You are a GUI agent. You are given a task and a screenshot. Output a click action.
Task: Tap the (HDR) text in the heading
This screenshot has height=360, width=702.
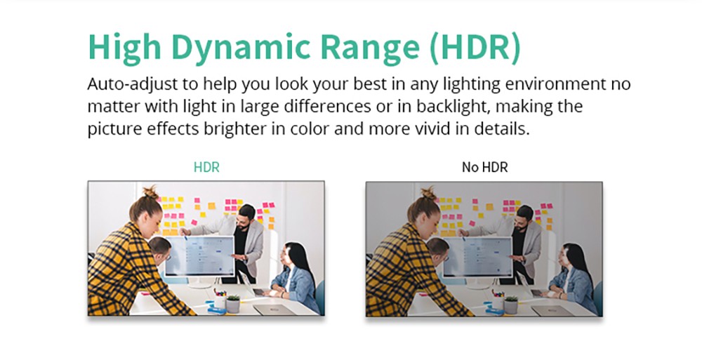[x=475, y=48]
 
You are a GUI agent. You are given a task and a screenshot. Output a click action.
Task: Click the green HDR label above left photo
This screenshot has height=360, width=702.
[x=206, y=168]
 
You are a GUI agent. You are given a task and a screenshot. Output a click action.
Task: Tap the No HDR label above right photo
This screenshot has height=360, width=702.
[x=485, y=168]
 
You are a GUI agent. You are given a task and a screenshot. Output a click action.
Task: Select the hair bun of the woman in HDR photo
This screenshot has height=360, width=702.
[x=150, y=193]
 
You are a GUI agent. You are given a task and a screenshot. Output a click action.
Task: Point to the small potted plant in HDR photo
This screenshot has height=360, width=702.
[x=232, y=303]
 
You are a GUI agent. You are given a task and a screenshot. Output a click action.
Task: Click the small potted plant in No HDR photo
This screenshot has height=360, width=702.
[x=510, y=304]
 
